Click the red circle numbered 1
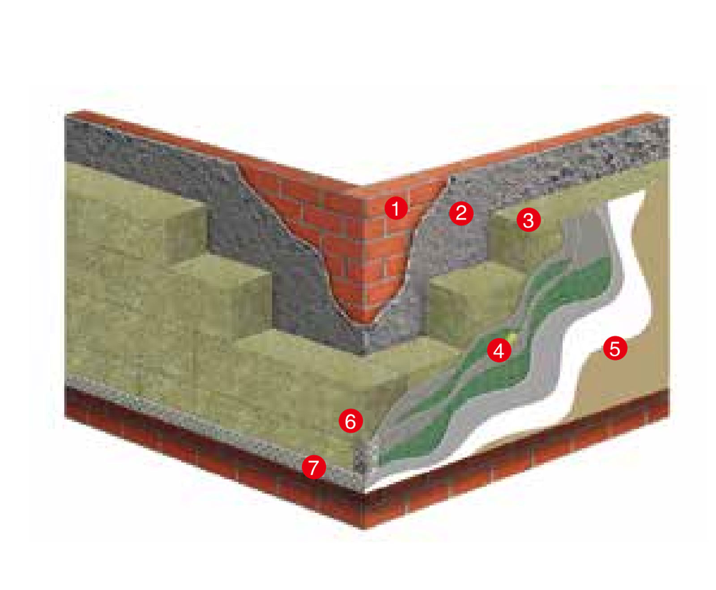[396, 208]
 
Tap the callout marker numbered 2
[461, 212]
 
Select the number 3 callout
[528, 220]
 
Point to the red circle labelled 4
[499, 351]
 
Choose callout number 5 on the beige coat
[615, 348]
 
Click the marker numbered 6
[350, 421]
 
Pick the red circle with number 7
[314, 467]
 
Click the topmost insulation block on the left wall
[134, 210]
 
